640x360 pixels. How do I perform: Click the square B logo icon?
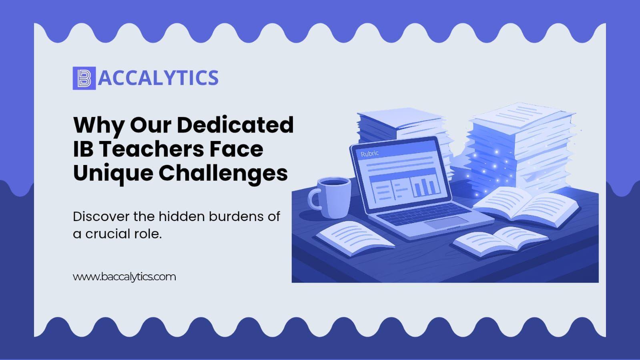point(84,78)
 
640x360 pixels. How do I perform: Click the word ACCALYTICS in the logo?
point(158,78)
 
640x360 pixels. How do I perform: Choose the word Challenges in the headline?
point(223,173)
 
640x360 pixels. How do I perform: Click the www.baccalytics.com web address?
point(124,277)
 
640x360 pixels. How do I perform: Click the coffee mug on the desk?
point(330,198)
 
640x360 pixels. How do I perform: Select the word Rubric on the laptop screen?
point(370,154)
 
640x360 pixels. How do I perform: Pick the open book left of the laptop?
point(355,238)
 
